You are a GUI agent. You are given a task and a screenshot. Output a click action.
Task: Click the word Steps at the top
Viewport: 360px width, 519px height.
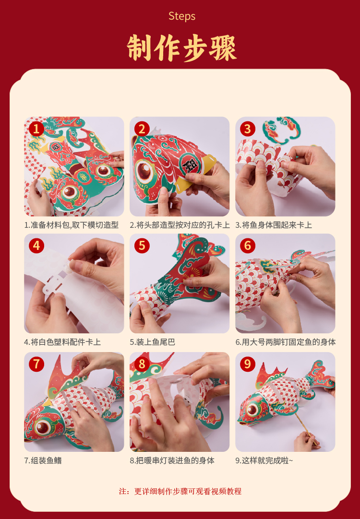(182, 16)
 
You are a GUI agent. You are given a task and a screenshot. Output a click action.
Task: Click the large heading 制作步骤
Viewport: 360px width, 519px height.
(181, 48)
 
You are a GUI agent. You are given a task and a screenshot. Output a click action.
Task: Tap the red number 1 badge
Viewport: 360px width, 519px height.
(36, 129)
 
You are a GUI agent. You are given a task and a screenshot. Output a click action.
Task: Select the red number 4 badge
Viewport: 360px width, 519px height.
(36, 246)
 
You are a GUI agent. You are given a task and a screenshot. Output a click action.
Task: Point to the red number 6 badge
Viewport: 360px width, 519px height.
(247, 246)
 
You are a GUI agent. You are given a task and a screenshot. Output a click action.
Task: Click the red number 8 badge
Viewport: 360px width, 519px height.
(142, 364)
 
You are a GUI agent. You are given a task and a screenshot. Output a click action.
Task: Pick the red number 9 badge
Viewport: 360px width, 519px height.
(247, 364)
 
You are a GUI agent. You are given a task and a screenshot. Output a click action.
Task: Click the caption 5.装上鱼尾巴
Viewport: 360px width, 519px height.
(152, 342)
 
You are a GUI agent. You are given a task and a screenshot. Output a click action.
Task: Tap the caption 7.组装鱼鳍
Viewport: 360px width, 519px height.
(43, 460)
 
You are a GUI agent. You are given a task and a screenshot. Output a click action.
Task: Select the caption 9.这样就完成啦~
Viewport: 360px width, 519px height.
(264, 460)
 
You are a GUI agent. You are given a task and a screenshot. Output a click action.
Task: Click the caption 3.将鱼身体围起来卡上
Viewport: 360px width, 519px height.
(274, 225)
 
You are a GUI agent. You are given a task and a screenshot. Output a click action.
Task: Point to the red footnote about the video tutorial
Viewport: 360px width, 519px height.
(180, 491)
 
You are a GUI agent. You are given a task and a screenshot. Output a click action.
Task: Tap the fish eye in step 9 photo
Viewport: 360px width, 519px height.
(253, 410)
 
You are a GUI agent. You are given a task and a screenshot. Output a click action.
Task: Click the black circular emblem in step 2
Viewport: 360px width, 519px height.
(190, 164)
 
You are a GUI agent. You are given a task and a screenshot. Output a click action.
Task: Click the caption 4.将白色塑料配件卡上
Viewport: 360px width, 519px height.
(62, 342)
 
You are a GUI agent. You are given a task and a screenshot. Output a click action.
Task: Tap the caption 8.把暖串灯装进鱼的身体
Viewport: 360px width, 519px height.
(172, 460)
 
